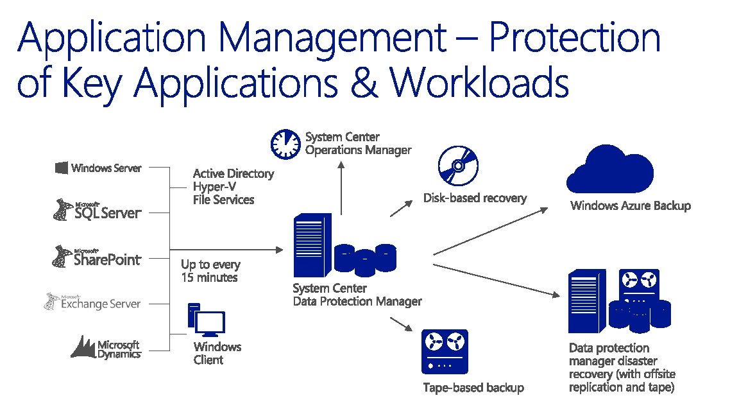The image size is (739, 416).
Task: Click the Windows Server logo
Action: click(x=98, y=168)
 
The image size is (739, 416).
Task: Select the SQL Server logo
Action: click(x=97, y=211)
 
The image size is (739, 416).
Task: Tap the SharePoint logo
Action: click(x=97, y=256)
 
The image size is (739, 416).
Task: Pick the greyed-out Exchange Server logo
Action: click(x=93, y=302)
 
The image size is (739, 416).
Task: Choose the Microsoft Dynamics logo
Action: click(x=106, y=347)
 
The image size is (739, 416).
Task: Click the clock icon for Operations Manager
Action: click(x=285, y=144)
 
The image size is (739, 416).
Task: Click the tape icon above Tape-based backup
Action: click(x=445, y=351)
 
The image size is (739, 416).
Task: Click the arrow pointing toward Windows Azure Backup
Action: click(x=491, y=231)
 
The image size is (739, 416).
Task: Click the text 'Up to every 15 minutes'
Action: click(x=210, y=271)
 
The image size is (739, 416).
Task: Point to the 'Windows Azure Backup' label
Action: click(x=630, y=206)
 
